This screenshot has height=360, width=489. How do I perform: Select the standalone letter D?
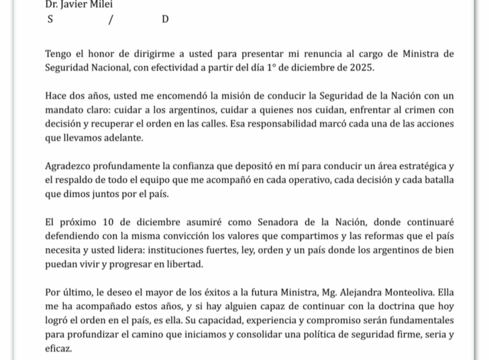tap(165, 20)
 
